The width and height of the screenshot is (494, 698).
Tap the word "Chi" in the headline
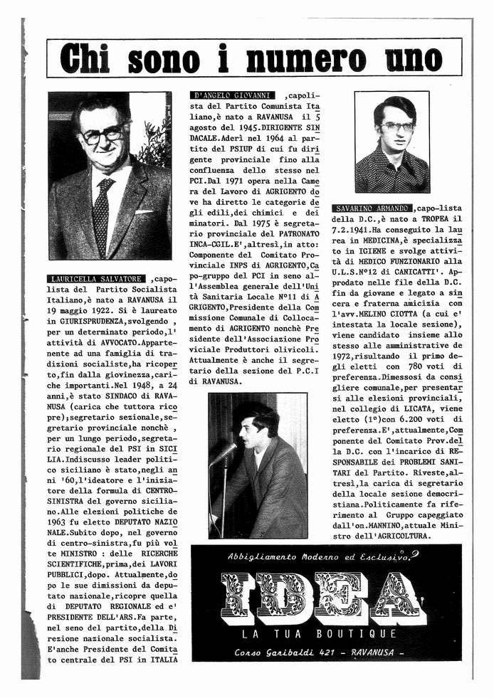(88, 58)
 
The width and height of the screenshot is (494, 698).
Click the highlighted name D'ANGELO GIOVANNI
(233, 95)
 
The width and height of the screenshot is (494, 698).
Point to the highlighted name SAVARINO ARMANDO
(372, 208)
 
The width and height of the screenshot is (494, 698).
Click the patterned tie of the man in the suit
(103, 214)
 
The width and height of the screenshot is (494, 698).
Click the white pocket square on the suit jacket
(144, 211)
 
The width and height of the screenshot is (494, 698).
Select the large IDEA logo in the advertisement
(324, 596)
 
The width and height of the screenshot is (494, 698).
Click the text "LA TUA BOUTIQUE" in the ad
(319, 634)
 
